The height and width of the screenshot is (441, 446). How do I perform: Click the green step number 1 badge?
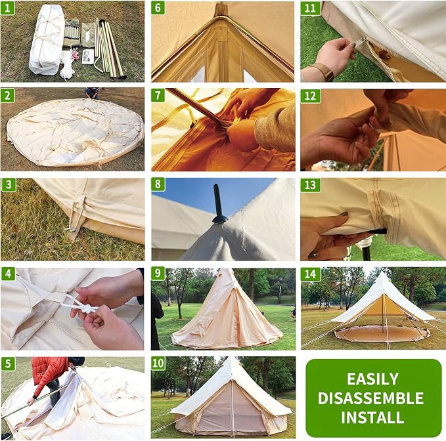click(x=7, y=8)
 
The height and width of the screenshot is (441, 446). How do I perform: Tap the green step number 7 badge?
click(x=158, y=95)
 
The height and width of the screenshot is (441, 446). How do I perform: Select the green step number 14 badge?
click(x=310, y=274)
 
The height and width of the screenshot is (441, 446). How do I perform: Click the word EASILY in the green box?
click(x=372, y=379)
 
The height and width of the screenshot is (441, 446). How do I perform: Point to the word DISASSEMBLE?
click(x=371, y=398)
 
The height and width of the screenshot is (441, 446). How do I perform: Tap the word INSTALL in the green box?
click(x=372, y=417)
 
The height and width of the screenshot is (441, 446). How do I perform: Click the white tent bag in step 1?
click(x=47, y=40)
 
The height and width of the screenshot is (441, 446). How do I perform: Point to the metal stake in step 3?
click(x=70, y=229)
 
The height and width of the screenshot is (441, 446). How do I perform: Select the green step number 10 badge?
click(x=158, y=363)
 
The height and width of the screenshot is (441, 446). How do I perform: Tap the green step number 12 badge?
click(x=310, y=96)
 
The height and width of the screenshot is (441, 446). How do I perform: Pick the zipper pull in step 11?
click(x=360, y=45)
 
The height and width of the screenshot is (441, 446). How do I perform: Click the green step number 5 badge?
click(x=8, y=364)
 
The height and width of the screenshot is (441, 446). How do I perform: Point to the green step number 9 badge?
click(x=158, y=274)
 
